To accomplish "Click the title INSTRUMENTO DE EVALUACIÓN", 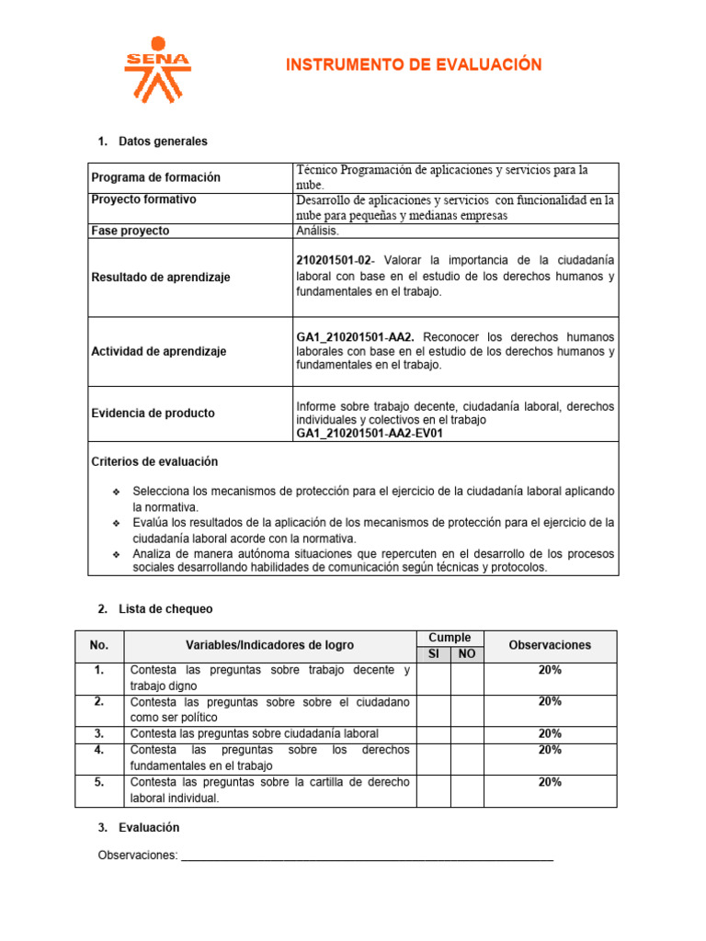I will pyautogui.click(x=414, y=64).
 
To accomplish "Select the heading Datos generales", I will pyautogui.click(x=163, y=142).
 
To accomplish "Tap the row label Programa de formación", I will pyautogui.click(x=155, y=177).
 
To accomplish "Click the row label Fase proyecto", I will pyautogui.click(x=130, y=231).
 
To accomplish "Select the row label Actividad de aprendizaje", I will pyautogui.click(x=158, y=351).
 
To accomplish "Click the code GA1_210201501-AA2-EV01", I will pyautogui.click(x=369, y=434).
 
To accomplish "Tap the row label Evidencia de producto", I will pyautogui.click(x=153, y=414).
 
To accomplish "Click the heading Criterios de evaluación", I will pyautogui.click(x=154, y=461).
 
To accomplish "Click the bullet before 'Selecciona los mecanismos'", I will pyautogui.click(x=116, y=492).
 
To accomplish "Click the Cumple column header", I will pyautogui.click(x=450, y=638).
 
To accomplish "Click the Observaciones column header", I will pyautogui.click(x=550, y=645).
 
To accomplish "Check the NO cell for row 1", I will pyautogui.click(x=467, y=677).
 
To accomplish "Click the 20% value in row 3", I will pyautogui.click(x=550, y=733).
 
